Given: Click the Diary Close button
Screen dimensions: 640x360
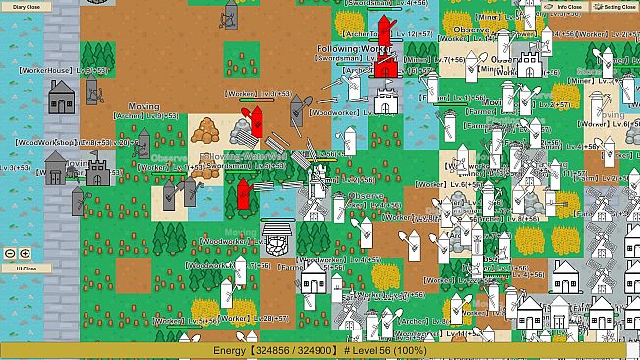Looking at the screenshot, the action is pyautogui.click(x=27, y=7).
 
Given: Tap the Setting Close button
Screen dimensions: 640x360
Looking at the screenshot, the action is pyautogui.click(x=618, y=7).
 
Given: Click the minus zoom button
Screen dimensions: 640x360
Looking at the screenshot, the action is pyautogui.click(x=10, y=253).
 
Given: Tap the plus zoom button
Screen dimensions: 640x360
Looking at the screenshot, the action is pyautogui.click(x=25, y=253).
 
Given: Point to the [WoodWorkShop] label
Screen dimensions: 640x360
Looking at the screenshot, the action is pyautogui.click(x=44, y=142).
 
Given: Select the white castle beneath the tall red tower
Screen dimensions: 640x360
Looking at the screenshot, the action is pyautogui.click(x=384, y=98).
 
